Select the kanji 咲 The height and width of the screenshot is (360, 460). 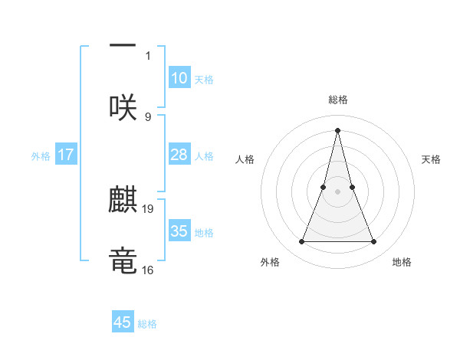pyautogui.click(x=123, y=107)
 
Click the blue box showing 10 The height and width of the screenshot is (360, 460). pyautogui.click(x=179, y=78)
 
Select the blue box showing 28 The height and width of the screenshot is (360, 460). pyautogui.click(x=179, y=155)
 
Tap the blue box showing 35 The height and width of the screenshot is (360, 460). pyautogui.click(x=179, y=231)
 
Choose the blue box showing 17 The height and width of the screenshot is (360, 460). pyautogui.click(x=66, y=155)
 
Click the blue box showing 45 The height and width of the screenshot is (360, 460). pyautogui.click(x=123, y=322)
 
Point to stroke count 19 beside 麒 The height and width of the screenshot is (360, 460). pyautogui.click(x=149, y=208)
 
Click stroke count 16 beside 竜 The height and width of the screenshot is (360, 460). pyautogui.click(x=149, y=270)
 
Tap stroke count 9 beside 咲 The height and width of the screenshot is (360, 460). pyautogui.click(x=148, y=116)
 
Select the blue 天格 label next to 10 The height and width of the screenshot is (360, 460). pyautogui.click(x=204, y=79)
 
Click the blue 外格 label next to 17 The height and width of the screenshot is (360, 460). pyautogui.click(x=41, y=155)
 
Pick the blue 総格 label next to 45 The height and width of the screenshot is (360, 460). pyautogui.click(x=147, y=323)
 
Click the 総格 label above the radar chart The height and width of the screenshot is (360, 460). pyautogui.click(x=337, y=100)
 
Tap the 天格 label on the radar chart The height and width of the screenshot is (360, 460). pyautogui.click(x=431, y=159)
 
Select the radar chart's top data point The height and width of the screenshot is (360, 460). pyautogui.click(x=337, y=129)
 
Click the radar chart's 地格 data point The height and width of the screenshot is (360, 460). pyautogui.click(x=374, y=242)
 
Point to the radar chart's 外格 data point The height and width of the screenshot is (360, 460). pyautogui.click(x=301, y=242)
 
